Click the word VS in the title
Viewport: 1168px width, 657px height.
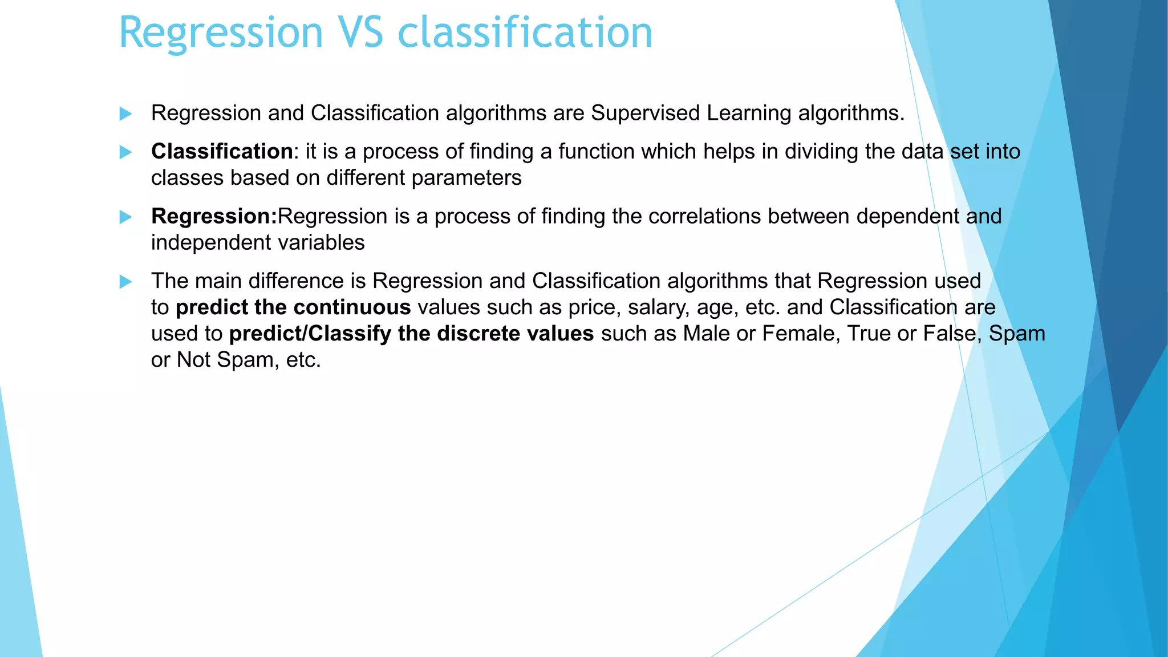360,33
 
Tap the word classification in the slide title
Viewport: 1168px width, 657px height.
525,33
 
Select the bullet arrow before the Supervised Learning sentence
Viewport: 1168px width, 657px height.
125,113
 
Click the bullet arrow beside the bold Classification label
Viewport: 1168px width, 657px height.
125,152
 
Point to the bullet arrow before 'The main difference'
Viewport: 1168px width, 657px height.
125,282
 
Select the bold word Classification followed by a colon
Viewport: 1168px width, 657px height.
222,152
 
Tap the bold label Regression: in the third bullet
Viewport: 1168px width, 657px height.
214,217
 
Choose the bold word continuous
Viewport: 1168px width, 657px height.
352,307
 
